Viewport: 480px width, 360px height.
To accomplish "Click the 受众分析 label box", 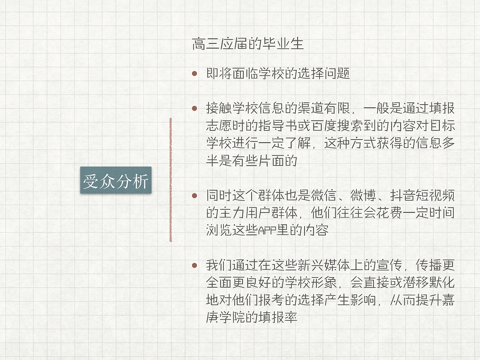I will click(x=115, y=180).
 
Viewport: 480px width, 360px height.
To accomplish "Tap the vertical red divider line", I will click(x=171, y=180).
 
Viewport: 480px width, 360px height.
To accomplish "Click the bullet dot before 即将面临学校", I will click(x=194, y=73).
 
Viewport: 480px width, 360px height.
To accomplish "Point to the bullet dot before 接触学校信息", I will click(x=194, y=109).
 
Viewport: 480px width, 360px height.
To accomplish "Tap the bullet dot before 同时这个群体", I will click(x=194, y=196).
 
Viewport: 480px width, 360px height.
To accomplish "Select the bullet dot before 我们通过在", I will click(x=194, y=265).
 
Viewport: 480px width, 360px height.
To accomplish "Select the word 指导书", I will click(x=278, y=126).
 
